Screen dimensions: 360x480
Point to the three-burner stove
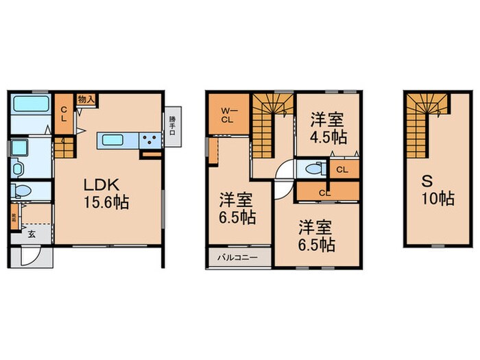point(149,141)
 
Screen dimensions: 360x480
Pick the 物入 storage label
point(86,99)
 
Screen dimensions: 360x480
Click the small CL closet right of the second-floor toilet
point(341,167)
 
